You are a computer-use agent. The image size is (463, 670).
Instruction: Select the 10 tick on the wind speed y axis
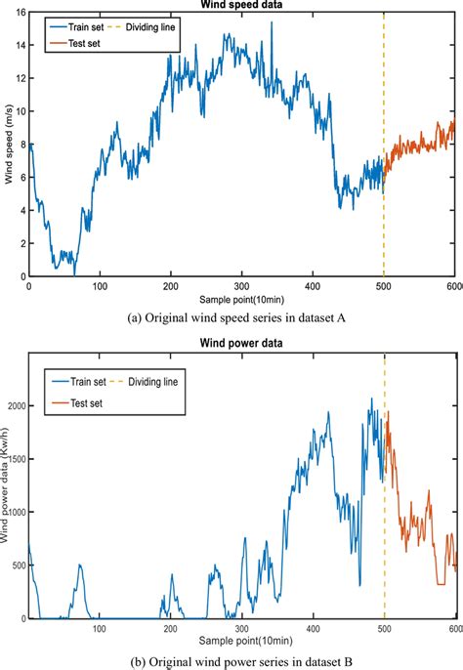[20, 114]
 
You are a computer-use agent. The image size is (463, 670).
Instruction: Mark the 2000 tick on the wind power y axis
[15, 404]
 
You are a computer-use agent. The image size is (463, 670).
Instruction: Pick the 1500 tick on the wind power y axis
[15, 458]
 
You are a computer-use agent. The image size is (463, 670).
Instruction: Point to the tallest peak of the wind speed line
[270, 22]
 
